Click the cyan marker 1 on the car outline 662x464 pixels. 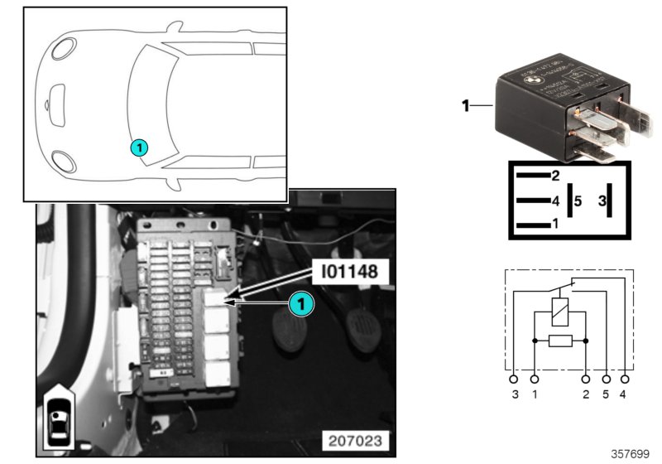[139, 147]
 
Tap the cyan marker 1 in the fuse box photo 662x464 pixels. [302, 305]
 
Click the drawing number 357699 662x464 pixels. [629, 453]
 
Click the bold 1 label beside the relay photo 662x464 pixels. [465, 105]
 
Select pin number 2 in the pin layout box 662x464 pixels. [555, 176]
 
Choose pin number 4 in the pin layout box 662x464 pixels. [555, 201]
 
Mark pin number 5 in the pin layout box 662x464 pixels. [578, 201]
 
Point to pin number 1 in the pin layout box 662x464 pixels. [555, 225]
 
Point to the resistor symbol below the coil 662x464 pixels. [560, 341]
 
